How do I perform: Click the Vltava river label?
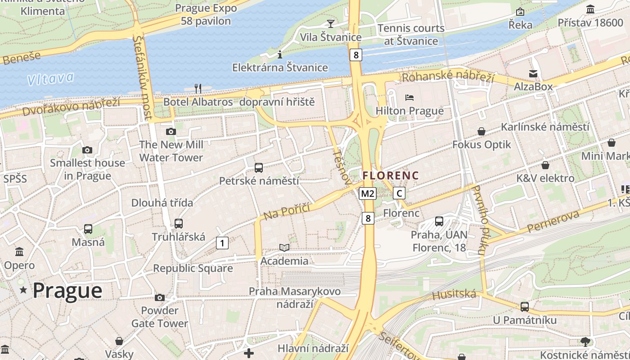pyautogui.click(x=50, y=79)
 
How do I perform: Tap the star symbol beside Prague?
pyautogui.click(x=23, y=290)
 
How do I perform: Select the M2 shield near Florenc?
pyautogui.click(x=368, y=193)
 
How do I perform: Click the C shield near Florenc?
pyautogui.click(x=399, y=193)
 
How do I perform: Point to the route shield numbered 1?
pyautogui.click(x=222, y=243)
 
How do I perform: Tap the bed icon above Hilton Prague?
pyautogui.click(x=409, y=98)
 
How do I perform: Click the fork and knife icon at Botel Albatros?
pyautogui.click(x=198, y=88)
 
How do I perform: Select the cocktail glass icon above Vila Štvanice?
pyautogui.click(x=331, y=23)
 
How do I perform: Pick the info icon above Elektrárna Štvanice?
pyautogui.click(x=280, y=54)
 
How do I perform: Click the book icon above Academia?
pyautogui.click(x=284, y=247)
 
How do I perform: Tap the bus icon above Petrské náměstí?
pyautogui.click(x=258, y=168)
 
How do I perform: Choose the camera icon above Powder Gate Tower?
pyautogui.click(x=159, y=297)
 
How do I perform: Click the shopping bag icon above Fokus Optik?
pyautogui.click(x=481, y=131)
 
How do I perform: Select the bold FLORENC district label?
pyautogui.click(x=391, y=175)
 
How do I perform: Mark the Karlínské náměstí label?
pyautogui.click(x=545, y=127)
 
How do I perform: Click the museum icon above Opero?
pyautogui.click(x=19, y=252)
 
